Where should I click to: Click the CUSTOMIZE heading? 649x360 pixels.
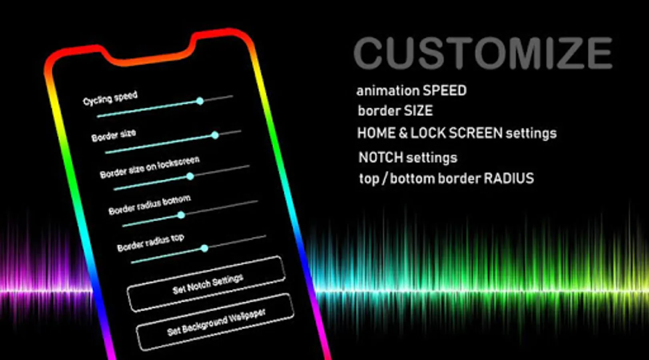click(483, 53)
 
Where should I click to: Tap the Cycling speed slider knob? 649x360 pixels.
click(200, 101)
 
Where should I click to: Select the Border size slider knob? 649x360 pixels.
click(215, 135)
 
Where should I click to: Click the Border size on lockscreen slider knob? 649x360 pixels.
click(190, 176)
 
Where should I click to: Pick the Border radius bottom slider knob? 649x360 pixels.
click(181, 215)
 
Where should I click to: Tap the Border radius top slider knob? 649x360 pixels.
click(205, 248)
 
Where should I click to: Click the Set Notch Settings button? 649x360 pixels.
click(206, 284)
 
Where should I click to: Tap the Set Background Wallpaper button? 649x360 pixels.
click(215, 322)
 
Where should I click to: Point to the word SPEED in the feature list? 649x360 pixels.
click(445, 91)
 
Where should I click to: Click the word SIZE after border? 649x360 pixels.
click(418, 111)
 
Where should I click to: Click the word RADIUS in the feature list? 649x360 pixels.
click(509, 178)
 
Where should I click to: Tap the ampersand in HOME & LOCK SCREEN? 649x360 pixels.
click(403, 133)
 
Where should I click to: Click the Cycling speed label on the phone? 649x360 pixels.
click(110, 98)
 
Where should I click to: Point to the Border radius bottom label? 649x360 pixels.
click(150, 205)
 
